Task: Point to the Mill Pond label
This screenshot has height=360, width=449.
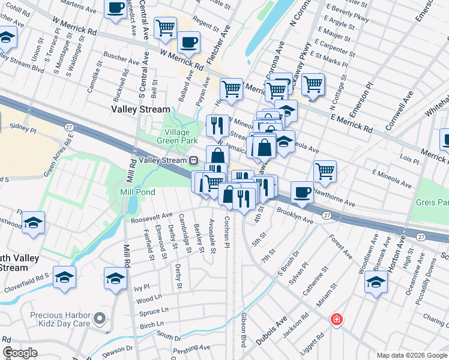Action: coord(137,192)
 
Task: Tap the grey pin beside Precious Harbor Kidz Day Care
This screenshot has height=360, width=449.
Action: coord(100,317)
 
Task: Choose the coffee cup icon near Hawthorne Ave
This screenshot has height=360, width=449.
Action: coord(302,192)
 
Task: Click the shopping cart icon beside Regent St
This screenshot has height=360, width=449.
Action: coord(165,27)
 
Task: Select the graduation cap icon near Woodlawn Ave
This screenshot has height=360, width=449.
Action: coord(376,282)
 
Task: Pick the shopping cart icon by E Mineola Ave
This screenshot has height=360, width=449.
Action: coord(325,170)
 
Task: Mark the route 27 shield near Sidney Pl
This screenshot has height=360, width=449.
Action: coord(69,127)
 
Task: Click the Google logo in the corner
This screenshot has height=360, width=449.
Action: coord(20,353)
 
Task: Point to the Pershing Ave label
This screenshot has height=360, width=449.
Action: coord(192,347)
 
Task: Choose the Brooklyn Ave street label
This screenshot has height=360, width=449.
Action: coord(295,217)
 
